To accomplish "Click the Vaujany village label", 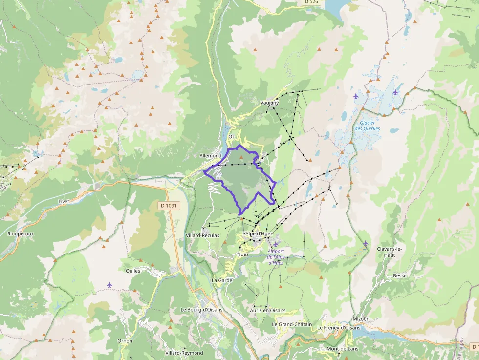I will pos(270,103).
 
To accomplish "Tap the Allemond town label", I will pos(211,156).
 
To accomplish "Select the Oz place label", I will pos(232,136).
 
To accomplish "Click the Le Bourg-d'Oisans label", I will pos(201,309).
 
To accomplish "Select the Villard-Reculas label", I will pos(203,235).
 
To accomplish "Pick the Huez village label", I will pos(243,254).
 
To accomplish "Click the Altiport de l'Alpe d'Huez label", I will pos(276,256).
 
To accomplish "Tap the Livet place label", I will pos(64,201).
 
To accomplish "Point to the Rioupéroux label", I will pos(21,234).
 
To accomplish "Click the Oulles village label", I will pos(133,271).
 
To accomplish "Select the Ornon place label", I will pos(125,341).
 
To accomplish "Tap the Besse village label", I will pos(399,275).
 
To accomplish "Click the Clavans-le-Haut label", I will pos(389,252).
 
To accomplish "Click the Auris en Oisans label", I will pos(267,310).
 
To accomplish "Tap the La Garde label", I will pos(222,280).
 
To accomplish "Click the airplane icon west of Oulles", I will pos(109,284).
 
